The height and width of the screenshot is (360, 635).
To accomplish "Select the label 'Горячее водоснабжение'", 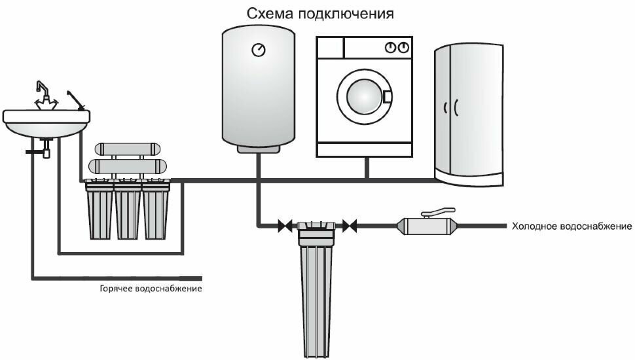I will (x=151, y=289).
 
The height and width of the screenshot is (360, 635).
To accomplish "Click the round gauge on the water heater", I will (x=259, y=50).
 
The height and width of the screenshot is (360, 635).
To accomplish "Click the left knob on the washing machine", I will (x=390, y=47).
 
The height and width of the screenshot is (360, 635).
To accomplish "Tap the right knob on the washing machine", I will (x=404, y=47).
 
